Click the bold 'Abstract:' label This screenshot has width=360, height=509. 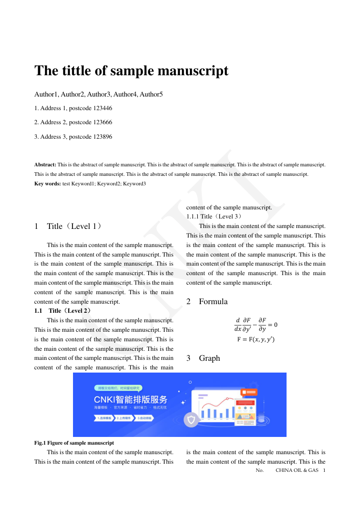(45, 165)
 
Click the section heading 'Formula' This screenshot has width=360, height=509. (213, 301)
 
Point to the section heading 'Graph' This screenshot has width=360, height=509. (209, 358)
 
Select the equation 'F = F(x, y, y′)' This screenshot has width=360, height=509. (256, 339)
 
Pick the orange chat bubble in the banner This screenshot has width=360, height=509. (249, 392)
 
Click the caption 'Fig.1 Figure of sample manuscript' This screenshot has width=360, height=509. (74, 443)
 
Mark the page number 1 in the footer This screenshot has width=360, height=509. (324, 470)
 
